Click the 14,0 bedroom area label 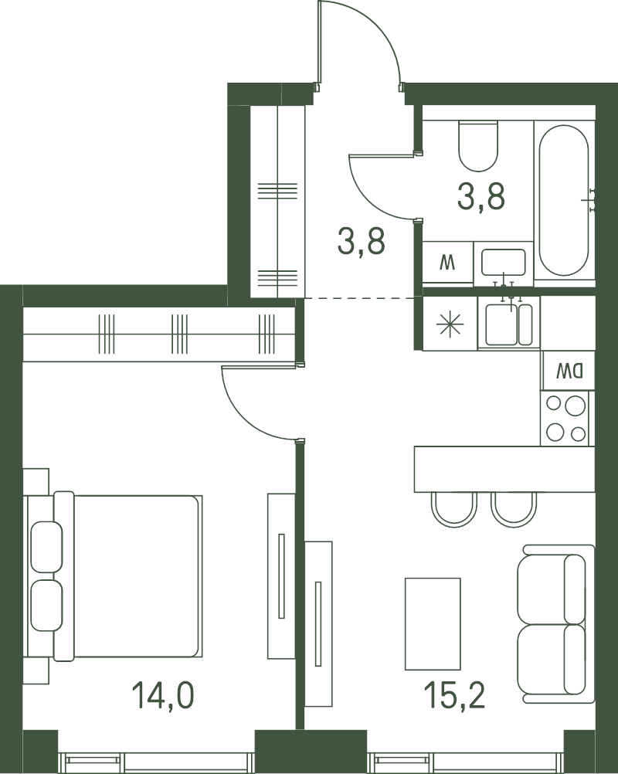pos(163,694)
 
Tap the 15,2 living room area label pos(454,694)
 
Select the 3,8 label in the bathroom pos(481,196)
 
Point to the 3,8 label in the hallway pos(361,241)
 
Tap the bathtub pos(564,200)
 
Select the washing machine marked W pos(448,262)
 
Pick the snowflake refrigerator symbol pos(450,324)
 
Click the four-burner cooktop pos(565,419)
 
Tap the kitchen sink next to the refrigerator pos(509,324)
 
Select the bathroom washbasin pos(504,262)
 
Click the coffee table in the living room pos(433,624)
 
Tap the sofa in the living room pos(555,624)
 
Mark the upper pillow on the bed pos(47,547)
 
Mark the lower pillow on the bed pos(47,606)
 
